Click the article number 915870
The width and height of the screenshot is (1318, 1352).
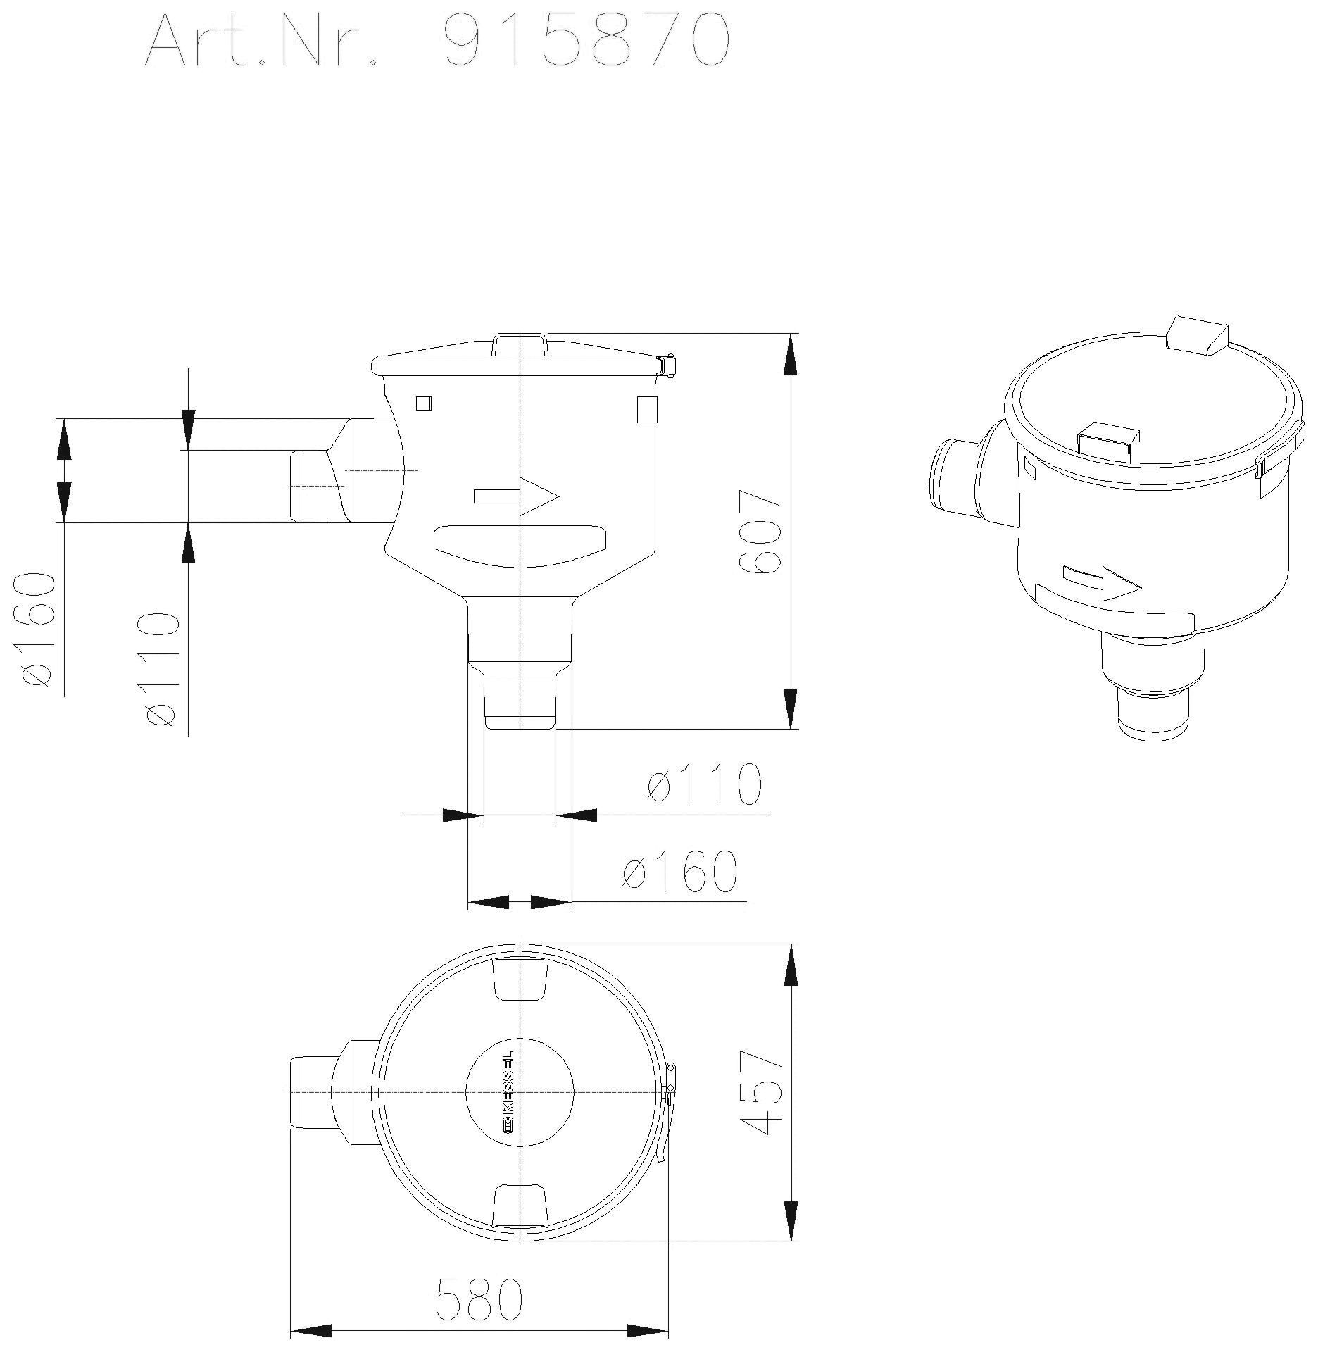tap(586, 40)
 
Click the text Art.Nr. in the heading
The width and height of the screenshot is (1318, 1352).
tap(261, 40)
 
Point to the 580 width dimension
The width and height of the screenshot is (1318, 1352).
tap(479, 1299)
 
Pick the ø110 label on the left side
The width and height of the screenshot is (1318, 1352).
tap(160, 669)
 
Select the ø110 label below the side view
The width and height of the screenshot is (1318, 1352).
tap(704, 784)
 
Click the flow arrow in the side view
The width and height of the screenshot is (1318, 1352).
tap(516, 496)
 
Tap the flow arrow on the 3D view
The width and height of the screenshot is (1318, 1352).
tap(1102, 582)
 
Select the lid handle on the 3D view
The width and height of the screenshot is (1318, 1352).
tap(1108, 441)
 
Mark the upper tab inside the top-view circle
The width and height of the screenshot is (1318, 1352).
tap(520, 978)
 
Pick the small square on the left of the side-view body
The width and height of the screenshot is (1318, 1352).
tap(424, 403)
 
